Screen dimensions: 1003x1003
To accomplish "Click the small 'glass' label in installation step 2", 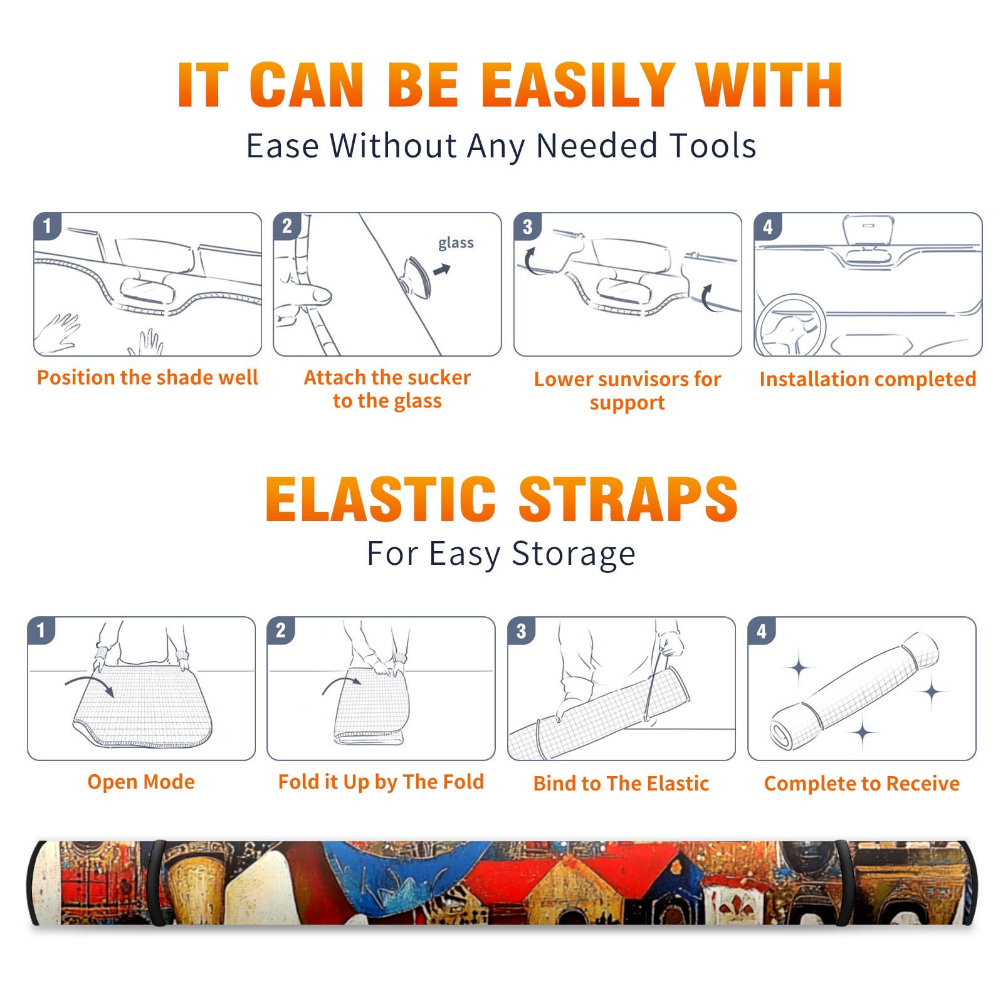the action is click(456, 243).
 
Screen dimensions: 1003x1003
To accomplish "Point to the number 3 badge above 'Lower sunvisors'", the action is click(527, 226).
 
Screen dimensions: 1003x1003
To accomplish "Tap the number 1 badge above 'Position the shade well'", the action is click(47, 226).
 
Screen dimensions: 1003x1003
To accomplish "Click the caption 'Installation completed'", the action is click(868, 379).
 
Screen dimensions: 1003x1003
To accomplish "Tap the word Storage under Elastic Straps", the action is click(574, 554).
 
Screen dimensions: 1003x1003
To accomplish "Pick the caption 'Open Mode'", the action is click(141, 782).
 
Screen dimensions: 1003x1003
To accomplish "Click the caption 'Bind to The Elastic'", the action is click(621, 784).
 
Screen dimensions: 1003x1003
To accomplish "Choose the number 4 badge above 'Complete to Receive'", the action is click(761, 631).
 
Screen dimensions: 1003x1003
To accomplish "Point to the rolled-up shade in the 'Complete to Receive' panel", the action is click(854, 691).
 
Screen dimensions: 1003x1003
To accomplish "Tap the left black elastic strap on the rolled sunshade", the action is click(157, 883).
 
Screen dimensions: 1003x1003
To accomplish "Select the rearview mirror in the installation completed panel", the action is click(868, 231).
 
